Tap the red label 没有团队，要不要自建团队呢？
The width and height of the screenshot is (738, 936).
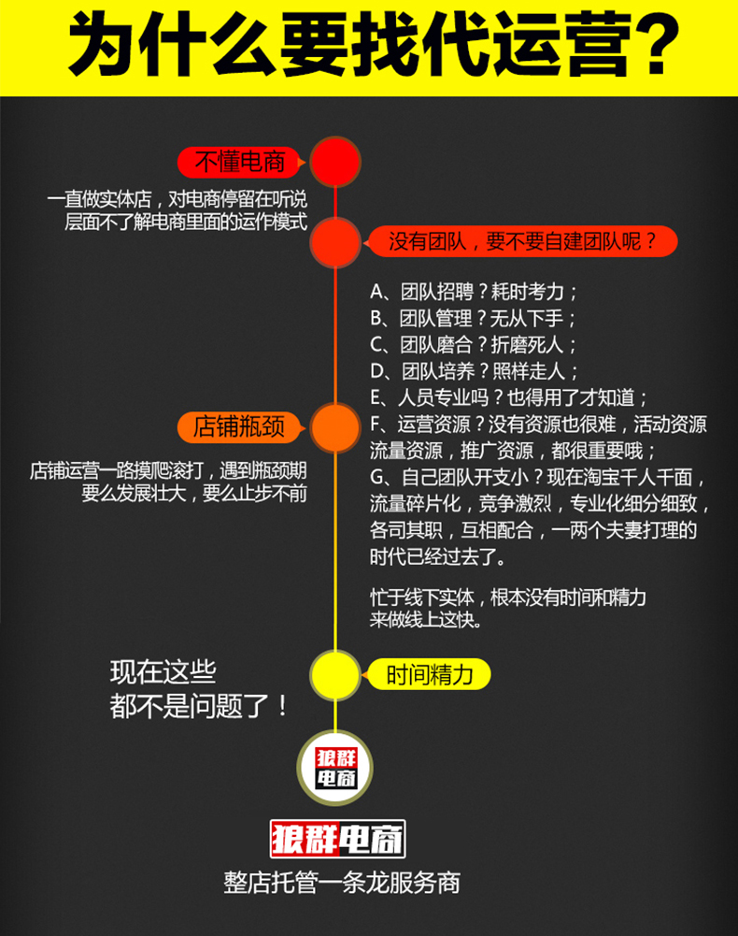521,242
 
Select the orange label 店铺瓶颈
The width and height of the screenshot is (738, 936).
238,428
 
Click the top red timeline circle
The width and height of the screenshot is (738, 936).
335,162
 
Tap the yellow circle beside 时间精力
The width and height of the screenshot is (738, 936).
334,675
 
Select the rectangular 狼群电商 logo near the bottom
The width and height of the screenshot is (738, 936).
335,839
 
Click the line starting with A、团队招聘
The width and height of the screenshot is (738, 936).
475,291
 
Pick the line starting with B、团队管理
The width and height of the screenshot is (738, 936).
474,317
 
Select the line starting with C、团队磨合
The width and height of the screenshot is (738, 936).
474,343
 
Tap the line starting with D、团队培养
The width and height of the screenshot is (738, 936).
475,369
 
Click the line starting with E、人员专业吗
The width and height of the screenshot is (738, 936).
508,396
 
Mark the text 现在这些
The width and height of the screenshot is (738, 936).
163,671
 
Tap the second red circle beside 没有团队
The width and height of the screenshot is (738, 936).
334,242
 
